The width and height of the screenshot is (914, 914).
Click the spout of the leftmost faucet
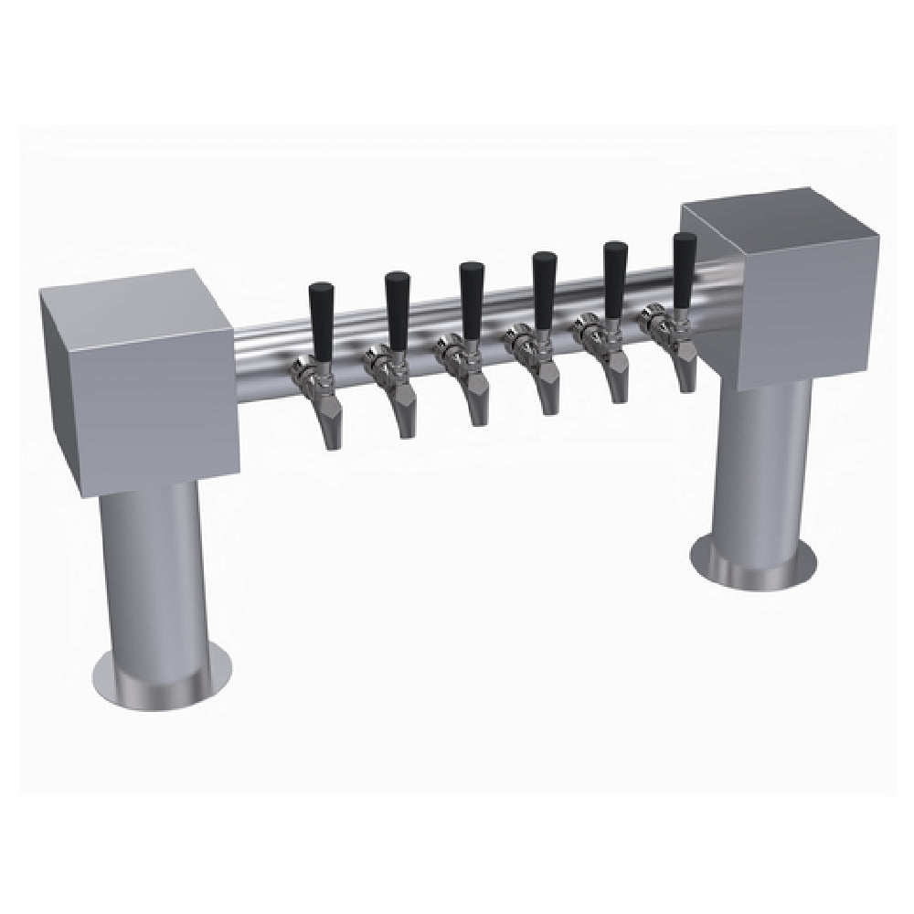[x=329, y=426]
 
